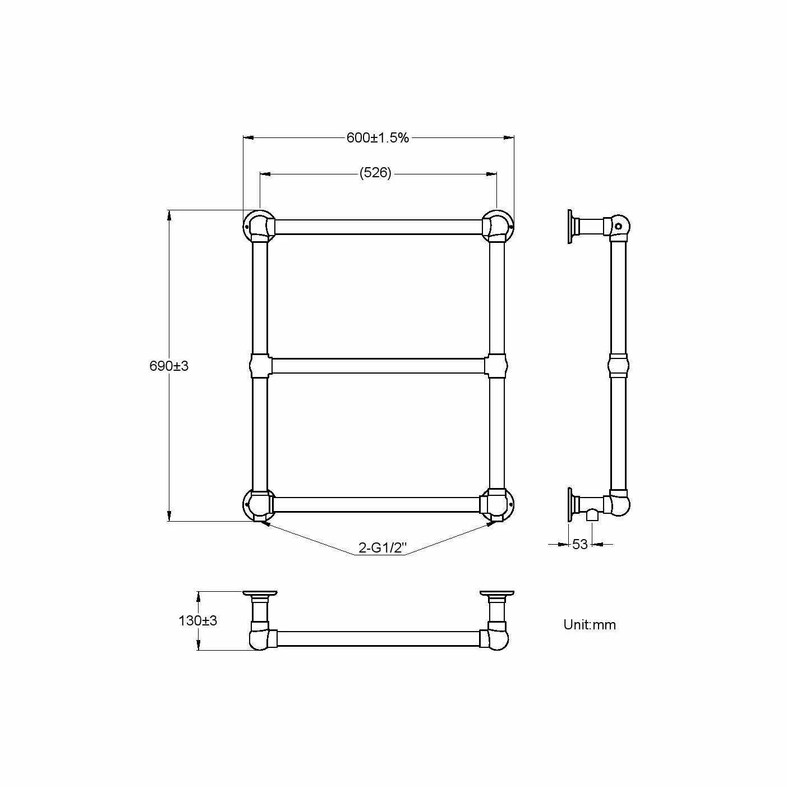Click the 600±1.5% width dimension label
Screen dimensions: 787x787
click(x=378, y=138)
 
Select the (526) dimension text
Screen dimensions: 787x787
click(x=375, y=173)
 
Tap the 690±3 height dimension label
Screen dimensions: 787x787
click(x=169, y=366)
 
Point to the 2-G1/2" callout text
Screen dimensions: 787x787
click(x=383, y=547)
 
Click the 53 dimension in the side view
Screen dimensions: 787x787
click(x=579, y=544)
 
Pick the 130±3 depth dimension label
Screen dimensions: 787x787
click(x=197, y=620)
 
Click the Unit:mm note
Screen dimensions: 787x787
click(x=590, y=624)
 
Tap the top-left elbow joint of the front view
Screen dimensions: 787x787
click(x=259, y=226)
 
